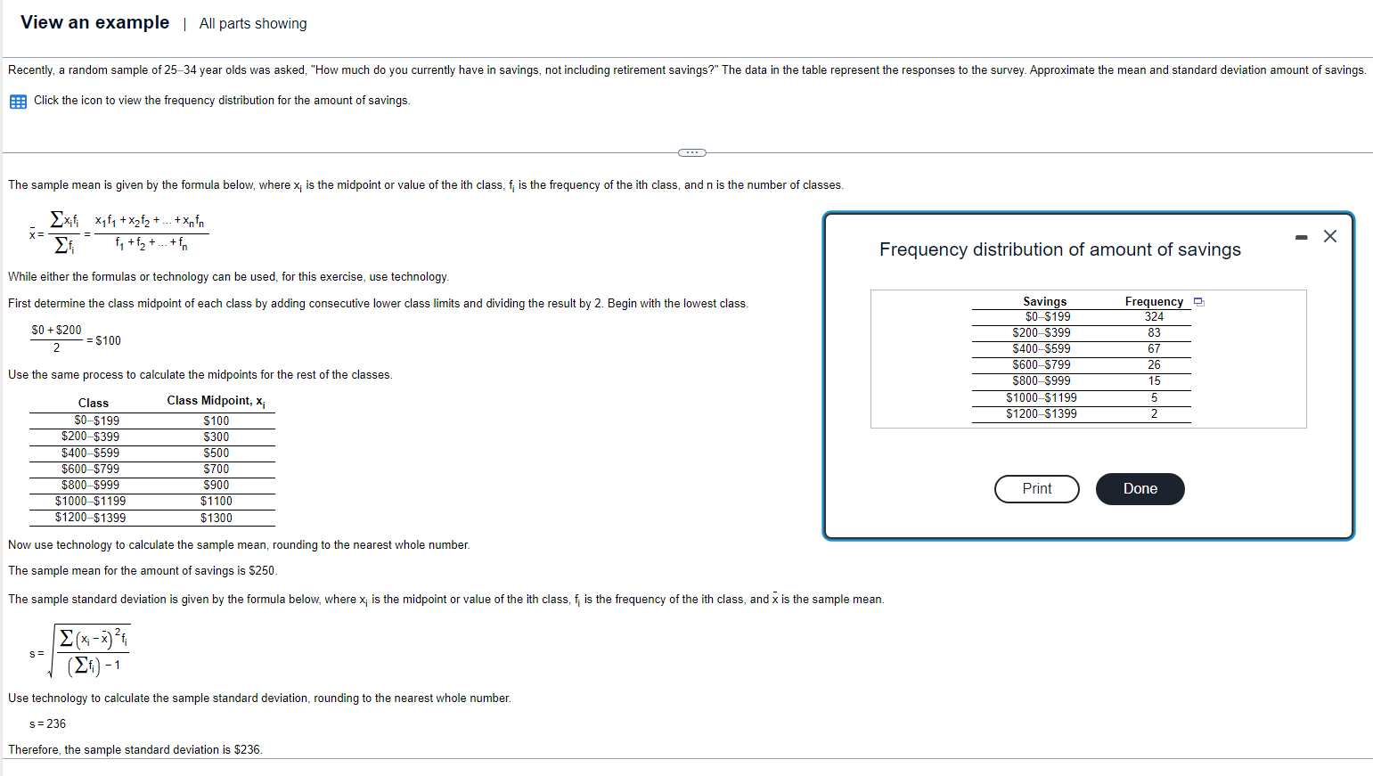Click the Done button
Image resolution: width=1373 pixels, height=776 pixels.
coord(1140,488)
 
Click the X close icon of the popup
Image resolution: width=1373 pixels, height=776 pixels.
coord(1329,236)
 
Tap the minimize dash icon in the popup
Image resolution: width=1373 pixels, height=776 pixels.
coord(1302,237)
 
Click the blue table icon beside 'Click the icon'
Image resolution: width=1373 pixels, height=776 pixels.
coord(19,102)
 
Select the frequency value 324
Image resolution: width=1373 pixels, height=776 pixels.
coord(1154,317)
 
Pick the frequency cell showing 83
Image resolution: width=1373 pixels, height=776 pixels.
coord(1154,333)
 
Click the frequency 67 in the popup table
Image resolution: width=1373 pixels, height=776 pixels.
coord(1154,348)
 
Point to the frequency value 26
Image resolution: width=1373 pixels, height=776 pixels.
coord(1154,364)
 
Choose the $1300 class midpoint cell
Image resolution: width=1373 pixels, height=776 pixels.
coord(217,518)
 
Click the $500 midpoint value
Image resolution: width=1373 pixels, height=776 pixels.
coord(217,453)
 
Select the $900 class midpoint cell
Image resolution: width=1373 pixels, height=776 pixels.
coord(217,485)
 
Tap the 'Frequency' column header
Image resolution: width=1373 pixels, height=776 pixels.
coord(1154,301)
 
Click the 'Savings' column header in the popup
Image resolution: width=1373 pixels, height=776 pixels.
coord(1044,301)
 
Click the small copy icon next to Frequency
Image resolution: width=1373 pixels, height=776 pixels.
coord(1199,301)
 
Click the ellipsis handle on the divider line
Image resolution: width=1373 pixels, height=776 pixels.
coord(692,152)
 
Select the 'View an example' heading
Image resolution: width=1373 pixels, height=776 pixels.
coord(95,22)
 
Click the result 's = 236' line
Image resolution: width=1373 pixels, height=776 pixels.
coord(47,724)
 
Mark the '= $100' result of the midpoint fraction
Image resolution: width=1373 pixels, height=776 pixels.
coord(103,341)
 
